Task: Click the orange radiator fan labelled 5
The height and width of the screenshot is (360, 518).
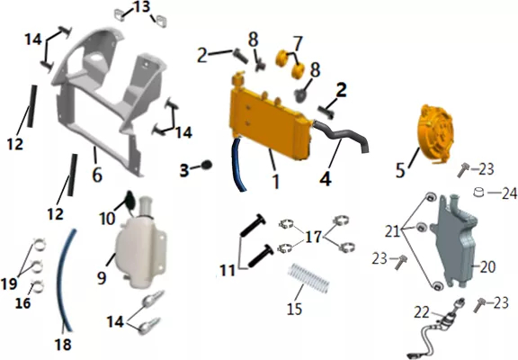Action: pos(435,134)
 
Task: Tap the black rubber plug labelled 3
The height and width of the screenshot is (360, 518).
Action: pos(207,165)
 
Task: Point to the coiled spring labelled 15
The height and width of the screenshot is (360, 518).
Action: pos(308,278)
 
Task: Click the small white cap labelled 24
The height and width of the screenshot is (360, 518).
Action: pos(478,192)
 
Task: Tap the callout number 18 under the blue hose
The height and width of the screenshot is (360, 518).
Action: pos(63,344)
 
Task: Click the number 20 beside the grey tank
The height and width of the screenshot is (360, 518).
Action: pos(487,266)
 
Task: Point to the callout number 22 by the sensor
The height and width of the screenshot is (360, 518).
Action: pos(422,312)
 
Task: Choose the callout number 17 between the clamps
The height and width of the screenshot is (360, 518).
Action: pos(313,237)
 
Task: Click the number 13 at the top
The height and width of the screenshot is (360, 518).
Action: pos(142,7)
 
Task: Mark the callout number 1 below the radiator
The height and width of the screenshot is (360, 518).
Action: pos(275,181)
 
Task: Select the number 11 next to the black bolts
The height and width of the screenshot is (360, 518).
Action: pos(228,271)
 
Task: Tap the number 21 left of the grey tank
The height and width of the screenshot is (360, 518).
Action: pos(392,231)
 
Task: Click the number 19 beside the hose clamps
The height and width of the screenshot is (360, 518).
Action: pos(9,283)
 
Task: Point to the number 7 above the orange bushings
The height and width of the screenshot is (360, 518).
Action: pos(297,42)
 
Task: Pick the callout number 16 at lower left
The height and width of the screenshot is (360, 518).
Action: pos(22,303)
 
